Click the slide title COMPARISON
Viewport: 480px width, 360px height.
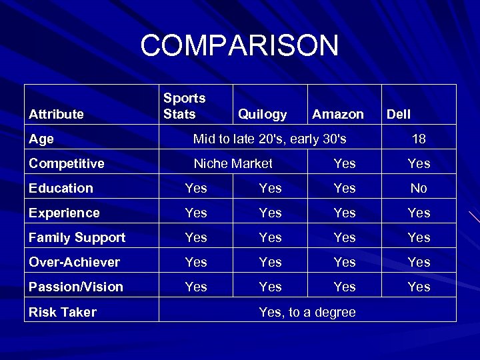tap(239, 46)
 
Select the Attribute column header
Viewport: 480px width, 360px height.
tap(56, 114)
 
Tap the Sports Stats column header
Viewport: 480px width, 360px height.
tap(185, 106)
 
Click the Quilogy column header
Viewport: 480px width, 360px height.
tap(262, 114)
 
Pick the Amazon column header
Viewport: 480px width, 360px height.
tap(337, 114)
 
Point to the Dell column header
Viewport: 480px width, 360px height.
tap(399, 114)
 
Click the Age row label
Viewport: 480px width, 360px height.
tap(41, 139)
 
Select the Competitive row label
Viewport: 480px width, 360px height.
tap(67, 163)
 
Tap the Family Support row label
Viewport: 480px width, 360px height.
tap(77, 237)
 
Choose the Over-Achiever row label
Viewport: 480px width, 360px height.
tap(74, 262)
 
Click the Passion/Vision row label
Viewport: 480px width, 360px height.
tap(76, 287)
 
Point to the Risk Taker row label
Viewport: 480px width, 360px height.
tap(63, 312)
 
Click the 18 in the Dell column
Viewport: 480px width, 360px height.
tap(419, 139)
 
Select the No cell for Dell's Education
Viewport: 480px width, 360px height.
tap(419, 188)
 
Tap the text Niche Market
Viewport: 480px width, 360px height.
tap(233, 163)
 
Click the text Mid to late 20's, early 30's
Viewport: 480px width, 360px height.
tap(269, 139)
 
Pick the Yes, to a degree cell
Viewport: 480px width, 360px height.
tap(307, 312)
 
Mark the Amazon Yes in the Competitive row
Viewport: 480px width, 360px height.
tap(345, 163)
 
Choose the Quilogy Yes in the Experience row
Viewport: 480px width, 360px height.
tap(270, 213)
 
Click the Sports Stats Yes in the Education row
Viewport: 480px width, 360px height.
tap(196, 188)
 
